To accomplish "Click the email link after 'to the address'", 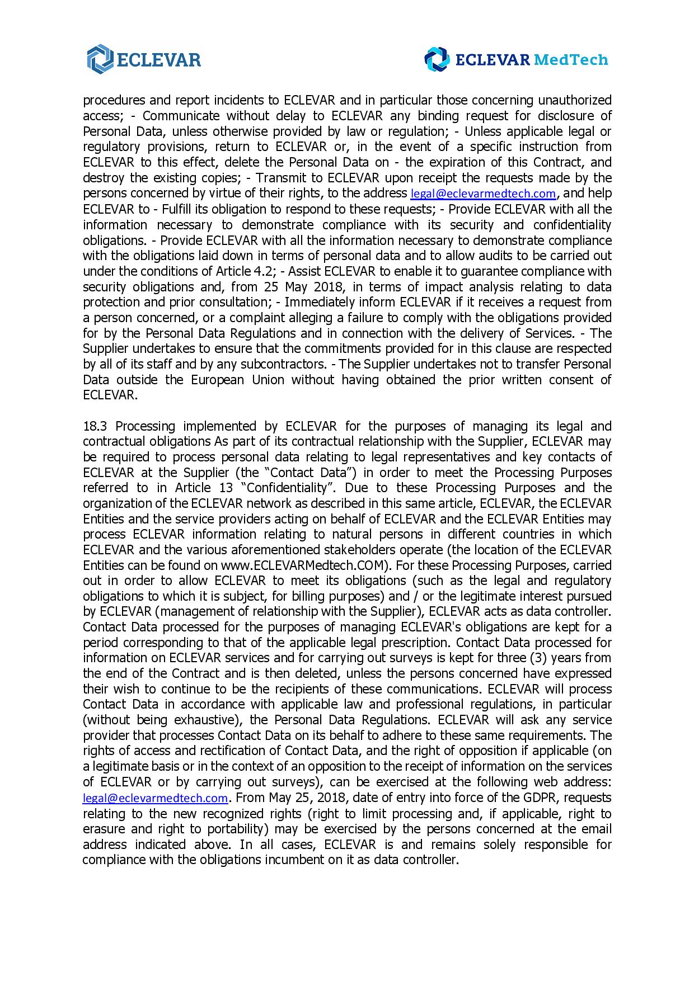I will click(483, 194).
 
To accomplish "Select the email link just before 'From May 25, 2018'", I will click(155, 798).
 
